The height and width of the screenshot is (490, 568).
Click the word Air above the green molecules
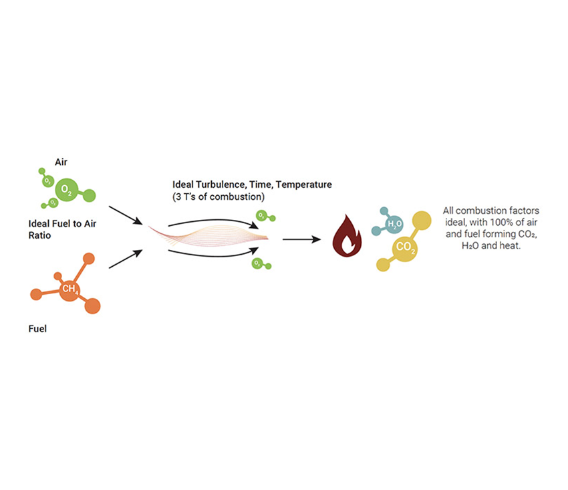(61, 162)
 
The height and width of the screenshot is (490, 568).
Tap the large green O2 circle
(66, 191)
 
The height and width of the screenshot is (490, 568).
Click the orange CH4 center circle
(69, 289)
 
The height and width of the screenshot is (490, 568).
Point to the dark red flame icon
(347, 237)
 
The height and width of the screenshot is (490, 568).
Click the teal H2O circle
(394, 223)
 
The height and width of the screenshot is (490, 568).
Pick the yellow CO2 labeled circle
(406, 247)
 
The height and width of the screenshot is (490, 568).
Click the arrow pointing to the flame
(301, 239)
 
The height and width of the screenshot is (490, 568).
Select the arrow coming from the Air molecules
(125, 216)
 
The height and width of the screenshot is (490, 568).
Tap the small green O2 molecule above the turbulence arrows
(263, 217)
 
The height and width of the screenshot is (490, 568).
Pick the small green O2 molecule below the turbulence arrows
(257, 263)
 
